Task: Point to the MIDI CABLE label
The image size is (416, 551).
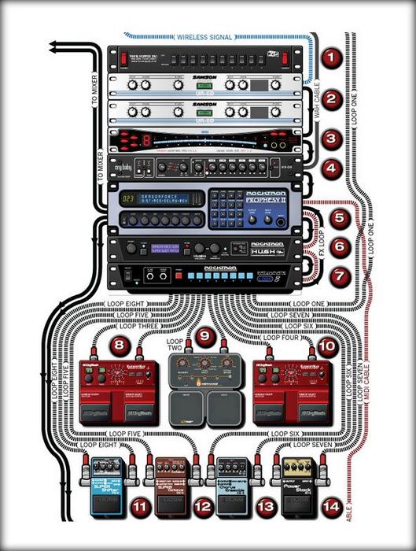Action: point(367,402)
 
